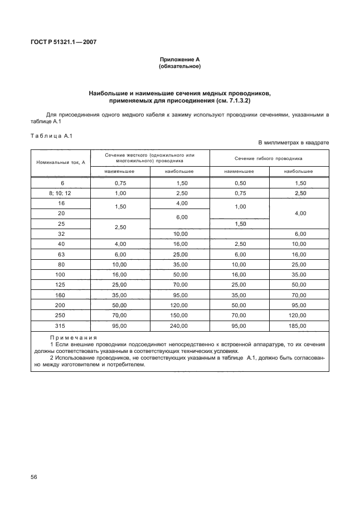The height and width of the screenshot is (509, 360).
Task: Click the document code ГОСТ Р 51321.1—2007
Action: point(63,42)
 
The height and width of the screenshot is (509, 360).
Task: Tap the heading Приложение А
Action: point(179,59)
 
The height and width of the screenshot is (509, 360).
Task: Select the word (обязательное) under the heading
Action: point(179,66)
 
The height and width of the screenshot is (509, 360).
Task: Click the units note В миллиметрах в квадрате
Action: point(293,143)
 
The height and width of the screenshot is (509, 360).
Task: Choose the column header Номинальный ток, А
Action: point(60,162)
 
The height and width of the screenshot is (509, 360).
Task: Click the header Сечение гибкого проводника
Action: point(269,158)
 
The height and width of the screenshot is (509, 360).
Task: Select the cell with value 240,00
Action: point(179,326)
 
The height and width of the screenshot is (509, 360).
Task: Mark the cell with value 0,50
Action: point(240,183)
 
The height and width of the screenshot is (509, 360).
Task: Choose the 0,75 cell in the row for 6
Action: point(120,183)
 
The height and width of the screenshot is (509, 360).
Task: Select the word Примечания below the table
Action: point(73,338)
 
